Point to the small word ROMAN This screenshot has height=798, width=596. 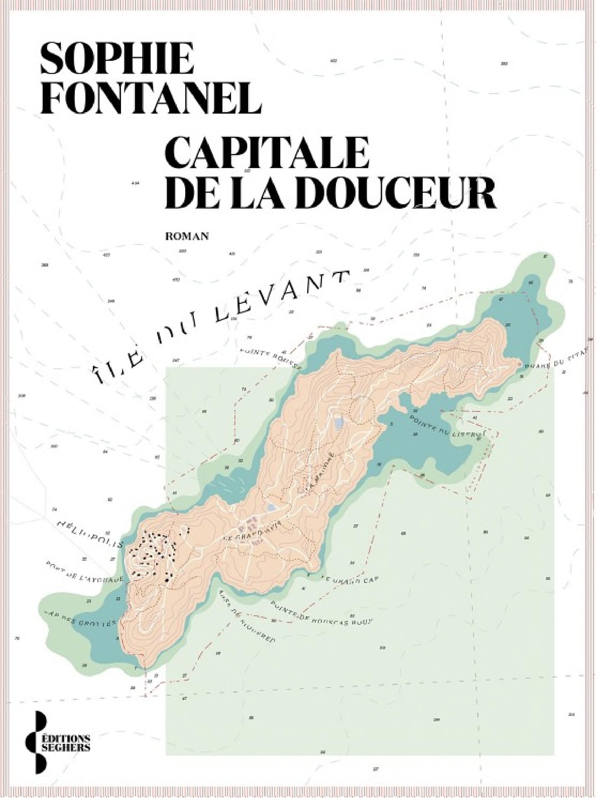click(187, 236)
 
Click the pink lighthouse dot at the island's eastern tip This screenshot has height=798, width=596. click(519, 365)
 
